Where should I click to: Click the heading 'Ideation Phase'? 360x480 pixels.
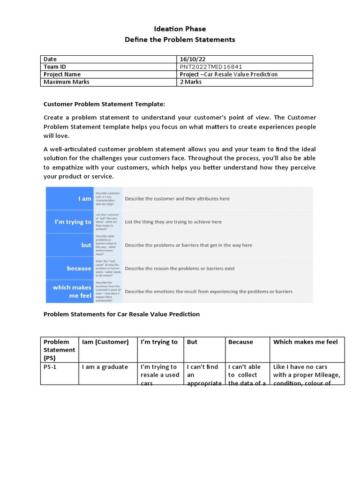tap(180, 29)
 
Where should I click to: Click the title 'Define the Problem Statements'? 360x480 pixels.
tap(180, 39)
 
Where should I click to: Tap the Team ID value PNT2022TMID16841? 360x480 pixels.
tap(211, 67)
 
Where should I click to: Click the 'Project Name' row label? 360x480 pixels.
tap(62, 74)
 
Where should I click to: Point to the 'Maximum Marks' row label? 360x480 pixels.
tap(66, 82)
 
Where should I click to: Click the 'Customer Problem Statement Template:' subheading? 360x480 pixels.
tap(104, 104)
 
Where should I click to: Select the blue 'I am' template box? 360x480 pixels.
tap(69, 198)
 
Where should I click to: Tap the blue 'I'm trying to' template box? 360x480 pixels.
tap(69, 222)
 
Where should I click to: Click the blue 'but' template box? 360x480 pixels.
tap(69, 245)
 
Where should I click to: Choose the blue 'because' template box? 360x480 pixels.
tap(69, 268)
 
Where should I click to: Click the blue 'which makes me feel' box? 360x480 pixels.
tap(69, 291)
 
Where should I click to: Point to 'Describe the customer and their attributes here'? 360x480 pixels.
tap(177, 198)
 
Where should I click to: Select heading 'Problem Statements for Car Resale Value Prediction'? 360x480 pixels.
tap(121, 314)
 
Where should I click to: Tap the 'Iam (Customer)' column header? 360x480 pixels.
tap(105, 342)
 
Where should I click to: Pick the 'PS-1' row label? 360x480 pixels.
tap(50, 367)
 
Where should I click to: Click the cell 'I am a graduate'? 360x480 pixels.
tap(105, 367)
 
